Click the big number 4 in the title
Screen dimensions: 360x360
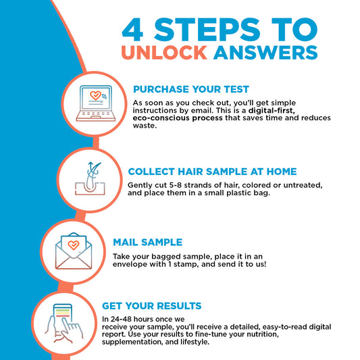[x=132, y=30]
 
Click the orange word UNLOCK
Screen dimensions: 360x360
[x=164, y=53]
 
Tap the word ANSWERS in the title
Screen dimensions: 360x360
[x=265, y=53]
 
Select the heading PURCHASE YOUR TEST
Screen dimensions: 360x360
[x=191, y=89]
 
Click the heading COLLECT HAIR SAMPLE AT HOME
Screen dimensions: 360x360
[x=212, y=172]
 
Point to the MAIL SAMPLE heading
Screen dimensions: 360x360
[x=148, y=242]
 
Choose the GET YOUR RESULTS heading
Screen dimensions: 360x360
[x=151, y=306]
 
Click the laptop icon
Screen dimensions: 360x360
[x=96, y=103]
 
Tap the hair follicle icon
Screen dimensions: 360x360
[x=90, y=178]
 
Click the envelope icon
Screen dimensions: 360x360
[x=74, y=251]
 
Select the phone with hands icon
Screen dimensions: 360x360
[x=63, y=324]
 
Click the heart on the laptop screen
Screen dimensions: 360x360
[x=95, y=95]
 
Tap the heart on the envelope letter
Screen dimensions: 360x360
[x=74, y=245]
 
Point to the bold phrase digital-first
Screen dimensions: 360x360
[x=272, y=111]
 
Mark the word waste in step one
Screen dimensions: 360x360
[x=145, y=126]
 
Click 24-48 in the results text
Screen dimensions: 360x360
[x=121, y=319]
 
